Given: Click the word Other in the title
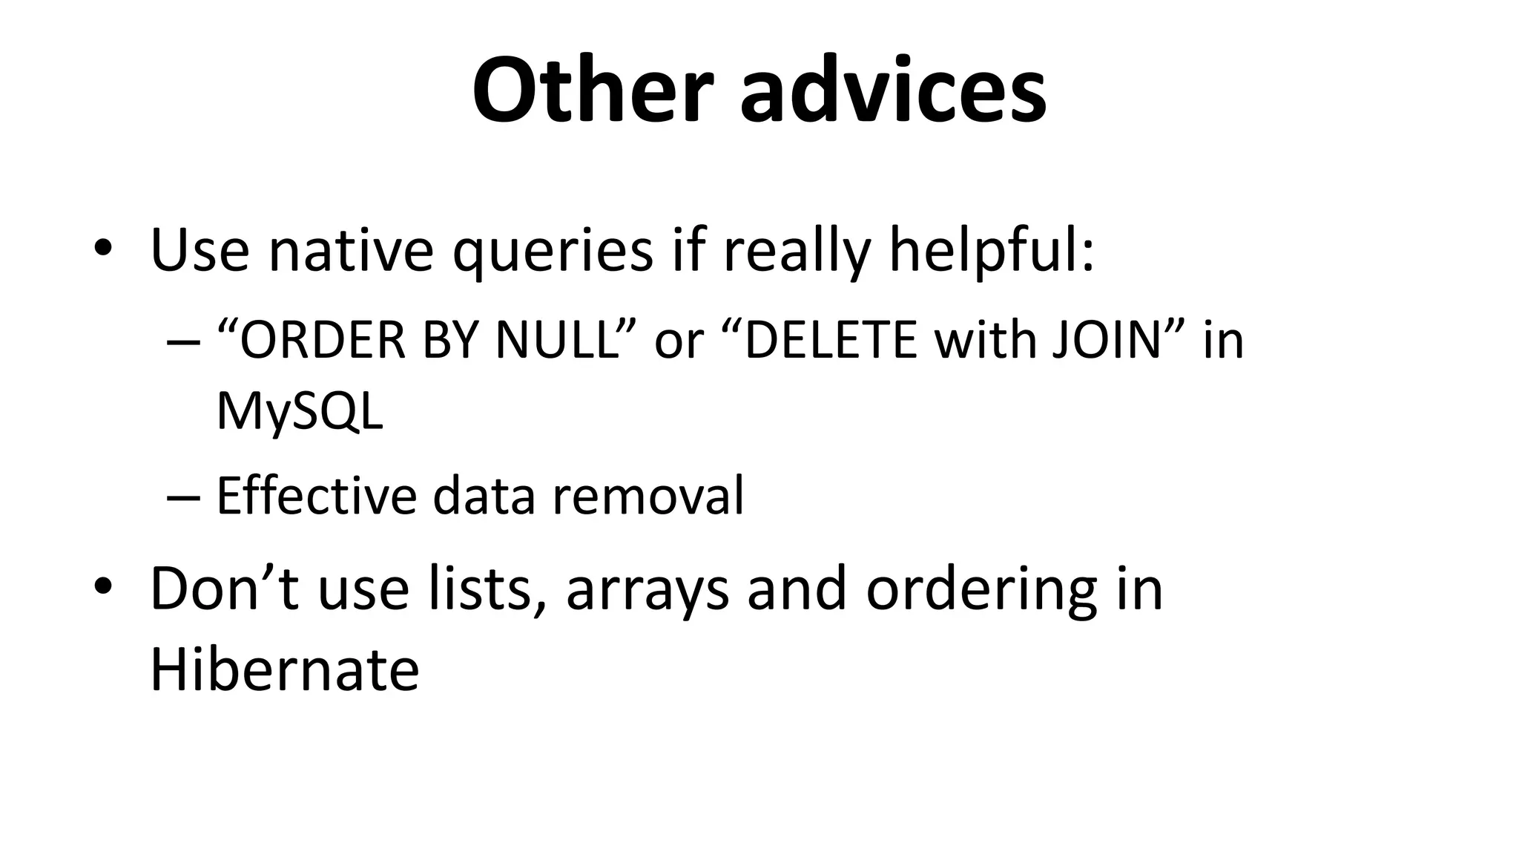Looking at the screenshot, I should [x=593, y=91].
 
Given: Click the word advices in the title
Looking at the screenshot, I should [x=893, y=91].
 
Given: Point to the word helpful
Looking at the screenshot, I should [x=990, y=251].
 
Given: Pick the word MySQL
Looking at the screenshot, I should [x=300, y=413].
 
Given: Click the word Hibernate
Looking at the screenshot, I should [x=284, y=669].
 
